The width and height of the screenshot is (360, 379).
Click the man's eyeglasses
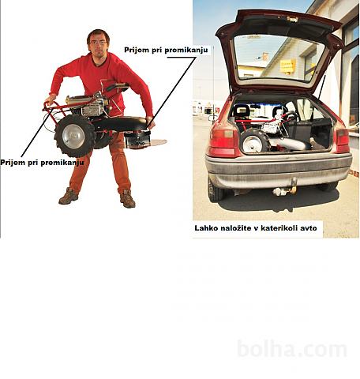[98, 43]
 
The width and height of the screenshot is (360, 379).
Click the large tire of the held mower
[74, 136]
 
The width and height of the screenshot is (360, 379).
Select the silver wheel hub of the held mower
[73, 137]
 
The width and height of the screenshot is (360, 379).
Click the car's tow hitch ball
[278, 191]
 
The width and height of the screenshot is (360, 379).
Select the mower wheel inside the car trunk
[255, 141]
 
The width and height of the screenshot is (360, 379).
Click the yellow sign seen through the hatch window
[287, 66]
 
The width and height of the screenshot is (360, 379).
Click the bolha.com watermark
[292, 349]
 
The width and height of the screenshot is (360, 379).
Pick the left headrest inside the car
[241, 111]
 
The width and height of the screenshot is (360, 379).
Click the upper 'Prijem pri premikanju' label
[166, 50]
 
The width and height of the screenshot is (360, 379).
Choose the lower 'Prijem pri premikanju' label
[42, 163]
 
